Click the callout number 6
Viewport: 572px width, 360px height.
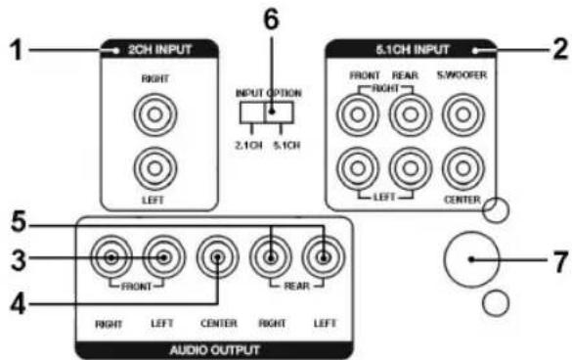(x=272, y=20)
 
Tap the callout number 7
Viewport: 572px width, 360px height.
(x=561, y=261)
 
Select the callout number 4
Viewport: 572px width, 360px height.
(x=18, y=303)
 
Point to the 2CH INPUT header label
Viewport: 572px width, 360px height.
(x=159, y=49)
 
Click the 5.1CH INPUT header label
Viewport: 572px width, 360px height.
(x=413, y=49)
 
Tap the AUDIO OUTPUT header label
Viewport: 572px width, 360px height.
(x=214, y=350)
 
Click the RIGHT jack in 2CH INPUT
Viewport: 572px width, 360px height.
(x=155, y=114)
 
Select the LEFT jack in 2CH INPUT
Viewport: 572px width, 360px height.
(x=155, y=168)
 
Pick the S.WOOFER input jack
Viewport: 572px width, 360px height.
(x=463, y=114)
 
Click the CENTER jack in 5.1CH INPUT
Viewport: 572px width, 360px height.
(x=463, y=168)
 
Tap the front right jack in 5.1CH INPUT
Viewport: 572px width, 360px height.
(x=358, y=114)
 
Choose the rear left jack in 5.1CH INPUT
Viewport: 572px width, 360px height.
(x=411, y=168)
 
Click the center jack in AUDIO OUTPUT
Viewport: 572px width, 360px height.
(x=217, y=257)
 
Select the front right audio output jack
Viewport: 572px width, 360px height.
(x=111, y=257)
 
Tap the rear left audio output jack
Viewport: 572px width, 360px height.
(x=324, y=257)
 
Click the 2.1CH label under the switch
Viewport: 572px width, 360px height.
(x=248, y=146)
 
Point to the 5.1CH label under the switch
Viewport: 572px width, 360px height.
(x=286, y=146)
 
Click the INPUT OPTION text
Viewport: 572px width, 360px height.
(x=269, y=93)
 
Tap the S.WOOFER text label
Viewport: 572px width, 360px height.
(x=462, y=75)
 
